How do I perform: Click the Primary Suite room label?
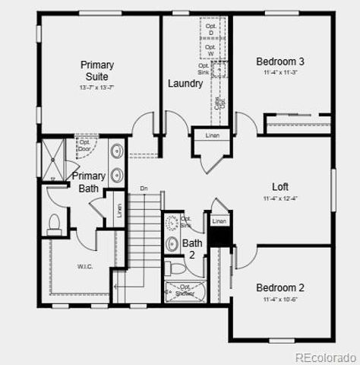97,71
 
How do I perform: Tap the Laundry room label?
185,84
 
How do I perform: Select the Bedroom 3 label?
280,62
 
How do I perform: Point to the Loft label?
280,186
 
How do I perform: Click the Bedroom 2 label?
280,287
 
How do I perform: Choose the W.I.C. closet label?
85,266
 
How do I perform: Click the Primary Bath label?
89,182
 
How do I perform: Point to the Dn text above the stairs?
144,189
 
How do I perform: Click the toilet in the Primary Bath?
54,223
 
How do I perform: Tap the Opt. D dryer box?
210,30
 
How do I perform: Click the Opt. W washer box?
210,50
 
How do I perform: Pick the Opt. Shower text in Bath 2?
185,290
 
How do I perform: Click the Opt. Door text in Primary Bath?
85,145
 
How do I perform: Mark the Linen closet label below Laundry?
212,135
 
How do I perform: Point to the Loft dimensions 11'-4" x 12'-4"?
280,198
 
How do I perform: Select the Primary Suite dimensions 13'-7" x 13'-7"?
97,88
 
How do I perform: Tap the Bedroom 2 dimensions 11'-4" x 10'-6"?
280,300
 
